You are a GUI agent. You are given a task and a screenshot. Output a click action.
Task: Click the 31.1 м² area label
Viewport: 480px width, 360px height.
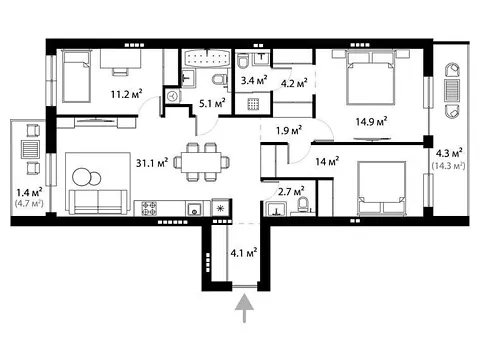click(152, 162)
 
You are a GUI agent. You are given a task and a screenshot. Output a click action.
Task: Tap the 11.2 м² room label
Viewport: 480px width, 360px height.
click(127, 94)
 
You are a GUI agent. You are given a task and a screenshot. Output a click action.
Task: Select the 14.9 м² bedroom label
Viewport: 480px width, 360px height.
click(371, 121)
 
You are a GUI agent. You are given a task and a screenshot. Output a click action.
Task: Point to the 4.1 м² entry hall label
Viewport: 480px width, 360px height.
click(244, 252)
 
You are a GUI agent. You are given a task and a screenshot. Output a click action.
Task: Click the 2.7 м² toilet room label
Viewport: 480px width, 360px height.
click(291, 191)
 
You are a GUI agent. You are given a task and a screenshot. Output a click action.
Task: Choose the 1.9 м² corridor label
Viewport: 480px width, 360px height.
click(289, 130)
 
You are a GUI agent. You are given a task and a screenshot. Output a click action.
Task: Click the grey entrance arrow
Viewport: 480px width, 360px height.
click(245, 308)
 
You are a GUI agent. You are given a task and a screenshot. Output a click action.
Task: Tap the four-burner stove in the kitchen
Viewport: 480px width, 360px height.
click(149, 208)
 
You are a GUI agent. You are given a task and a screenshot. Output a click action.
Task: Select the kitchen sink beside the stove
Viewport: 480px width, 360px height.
click(194, 209)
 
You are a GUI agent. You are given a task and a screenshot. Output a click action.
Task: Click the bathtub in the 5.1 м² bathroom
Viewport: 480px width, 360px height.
click(207, 58)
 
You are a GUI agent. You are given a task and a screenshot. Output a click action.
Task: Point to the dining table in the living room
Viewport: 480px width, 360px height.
click(201, 162)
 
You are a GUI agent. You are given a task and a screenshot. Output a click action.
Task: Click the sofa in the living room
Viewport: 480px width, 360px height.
click(98, 201)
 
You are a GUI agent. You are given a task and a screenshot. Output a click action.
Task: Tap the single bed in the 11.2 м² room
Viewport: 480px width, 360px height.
click(77, 76)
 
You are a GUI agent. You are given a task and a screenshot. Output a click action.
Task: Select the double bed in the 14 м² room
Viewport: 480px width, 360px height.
click(381, 188)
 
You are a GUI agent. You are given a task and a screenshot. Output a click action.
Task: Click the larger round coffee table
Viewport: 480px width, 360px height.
click(82, 177)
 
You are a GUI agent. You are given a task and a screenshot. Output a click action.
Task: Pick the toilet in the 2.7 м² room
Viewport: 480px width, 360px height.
click(303, 204)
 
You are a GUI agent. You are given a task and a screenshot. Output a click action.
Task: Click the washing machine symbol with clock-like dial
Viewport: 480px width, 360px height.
click(173, 97)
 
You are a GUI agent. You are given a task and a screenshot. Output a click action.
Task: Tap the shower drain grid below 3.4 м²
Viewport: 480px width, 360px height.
click(253, 104)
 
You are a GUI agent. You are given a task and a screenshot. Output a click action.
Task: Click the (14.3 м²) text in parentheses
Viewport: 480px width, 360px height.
click(449, 165)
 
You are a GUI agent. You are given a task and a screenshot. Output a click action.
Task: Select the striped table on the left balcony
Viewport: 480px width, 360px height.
click(31, 149)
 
